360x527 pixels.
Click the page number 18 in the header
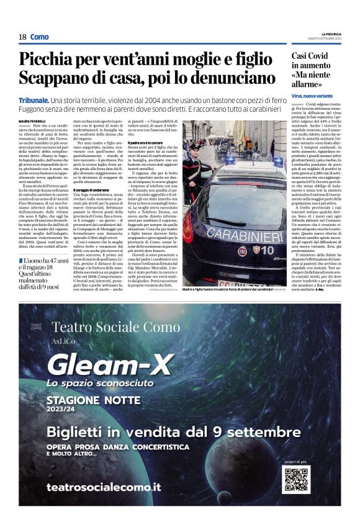click(x=22, y=37)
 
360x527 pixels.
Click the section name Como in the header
click(x=39, y=37)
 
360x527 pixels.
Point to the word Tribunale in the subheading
click(x=34, y=100)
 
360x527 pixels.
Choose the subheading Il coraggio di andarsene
click(x=91, y=189)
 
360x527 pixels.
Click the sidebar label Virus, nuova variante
click(x=314, y=96)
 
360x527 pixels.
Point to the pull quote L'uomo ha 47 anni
click(x=40, y=260)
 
